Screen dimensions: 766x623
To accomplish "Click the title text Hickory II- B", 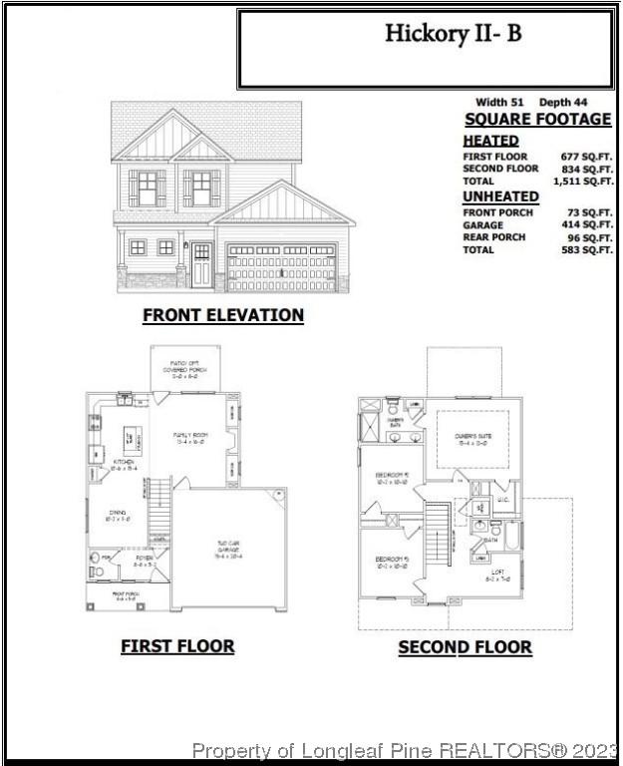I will click(x=453, y=33).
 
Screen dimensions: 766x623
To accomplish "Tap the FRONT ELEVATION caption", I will click(x=223, y=315).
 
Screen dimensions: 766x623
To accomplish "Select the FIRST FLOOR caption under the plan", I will click(x=177, y=646).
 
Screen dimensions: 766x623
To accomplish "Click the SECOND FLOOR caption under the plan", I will click(x=465, y=647).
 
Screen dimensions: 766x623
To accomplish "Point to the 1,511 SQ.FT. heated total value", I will click(x=583, y=182).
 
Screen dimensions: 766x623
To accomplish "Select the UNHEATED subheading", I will click(x=500, y=196).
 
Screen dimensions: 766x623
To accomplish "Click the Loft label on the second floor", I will click(x=495, y=574).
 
